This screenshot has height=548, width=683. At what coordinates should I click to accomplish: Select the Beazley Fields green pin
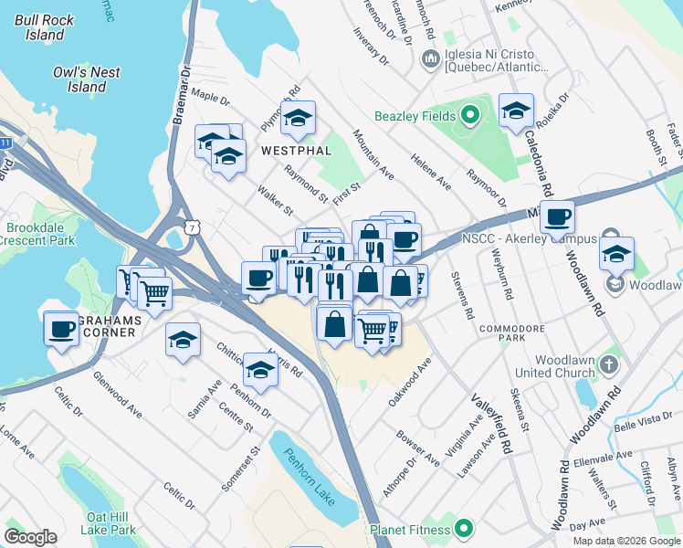470,115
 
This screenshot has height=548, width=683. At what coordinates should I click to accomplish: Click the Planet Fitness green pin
464,529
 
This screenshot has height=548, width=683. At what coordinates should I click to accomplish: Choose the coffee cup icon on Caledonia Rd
556,217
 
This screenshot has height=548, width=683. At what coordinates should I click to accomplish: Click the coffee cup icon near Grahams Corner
61,328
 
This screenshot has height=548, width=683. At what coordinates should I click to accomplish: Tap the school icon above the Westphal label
298,118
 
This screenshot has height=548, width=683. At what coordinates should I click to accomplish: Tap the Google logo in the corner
30,537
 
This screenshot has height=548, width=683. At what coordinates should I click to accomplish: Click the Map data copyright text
625,541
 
